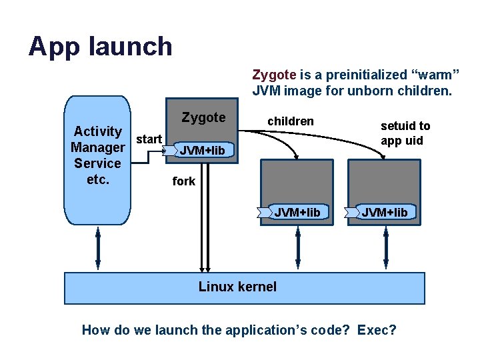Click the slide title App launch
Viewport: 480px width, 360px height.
(101, 46)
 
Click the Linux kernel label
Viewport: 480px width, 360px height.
(237, 287)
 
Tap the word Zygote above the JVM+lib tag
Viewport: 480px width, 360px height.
(203, 117)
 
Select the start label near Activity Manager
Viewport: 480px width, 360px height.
(149, 139)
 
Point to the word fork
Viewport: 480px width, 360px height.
(184, 181)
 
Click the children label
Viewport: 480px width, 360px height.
(290, 121)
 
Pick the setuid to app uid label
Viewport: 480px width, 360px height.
(405, 133)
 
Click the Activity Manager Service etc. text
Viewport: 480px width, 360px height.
(98, 155)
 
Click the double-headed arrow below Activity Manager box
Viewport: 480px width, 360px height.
(98, 249)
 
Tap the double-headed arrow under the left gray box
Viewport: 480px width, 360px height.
(298, 249)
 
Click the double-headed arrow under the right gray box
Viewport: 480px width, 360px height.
(386, 249)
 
